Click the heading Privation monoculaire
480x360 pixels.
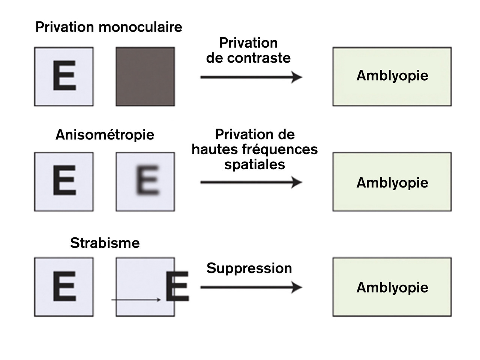(109, 27)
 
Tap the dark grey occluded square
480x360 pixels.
(145, 76)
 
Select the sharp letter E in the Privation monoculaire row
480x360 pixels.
(64, 76)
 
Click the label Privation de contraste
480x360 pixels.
(248, 50)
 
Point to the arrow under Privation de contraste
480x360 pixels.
(251, 77)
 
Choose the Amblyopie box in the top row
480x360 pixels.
(392, 76)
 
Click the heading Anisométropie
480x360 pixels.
(105, 135)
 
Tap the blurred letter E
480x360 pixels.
(147, 180)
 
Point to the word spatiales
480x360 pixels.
(255, 164)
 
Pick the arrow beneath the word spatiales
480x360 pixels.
(251, 183)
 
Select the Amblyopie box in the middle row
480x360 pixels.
(392, 182)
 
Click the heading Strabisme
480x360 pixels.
(105, 243)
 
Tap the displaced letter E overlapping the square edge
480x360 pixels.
(177, 286)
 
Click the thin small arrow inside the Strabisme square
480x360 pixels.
(136, 300)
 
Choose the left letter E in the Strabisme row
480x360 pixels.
(64, 286)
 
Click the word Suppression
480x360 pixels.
(249, 268)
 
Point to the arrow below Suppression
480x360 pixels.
(251, 288)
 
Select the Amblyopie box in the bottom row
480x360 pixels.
(392, 287)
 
